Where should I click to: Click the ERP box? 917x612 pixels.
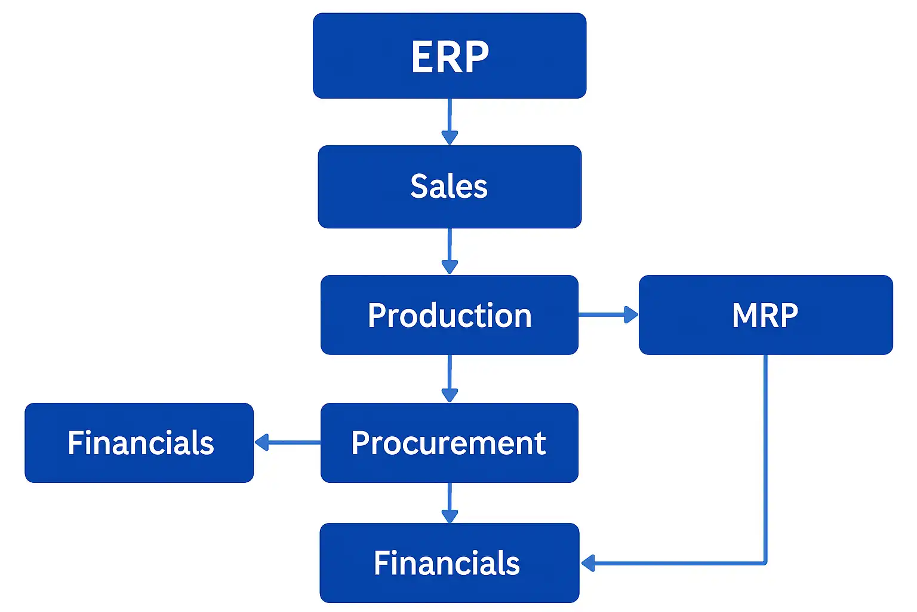450,56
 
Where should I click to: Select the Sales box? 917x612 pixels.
450,186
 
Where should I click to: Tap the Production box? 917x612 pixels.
450,315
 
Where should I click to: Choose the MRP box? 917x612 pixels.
765,315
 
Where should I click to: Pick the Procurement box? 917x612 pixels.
450,443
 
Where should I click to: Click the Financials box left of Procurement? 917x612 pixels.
139,443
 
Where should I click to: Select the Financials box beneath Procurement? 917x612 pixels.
450,563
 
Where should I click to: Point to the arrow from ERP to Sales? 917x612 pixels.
450,122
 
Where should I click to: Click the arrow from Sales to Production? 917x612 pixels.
450,252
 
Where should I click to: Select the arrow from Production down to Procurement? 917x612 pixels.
450,379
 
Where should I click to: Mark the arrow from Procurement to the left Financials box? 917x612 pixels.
287,443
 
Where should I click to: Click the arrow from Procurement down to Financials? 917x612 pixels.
450,503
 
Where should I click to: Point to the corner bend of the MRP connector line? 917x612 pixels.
765,562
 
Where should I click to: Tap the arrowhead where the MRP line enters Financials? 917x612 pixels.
589,563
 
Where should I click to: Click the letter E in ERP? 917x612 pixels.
422,57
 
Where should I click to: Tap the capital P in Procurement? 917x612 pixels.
361,443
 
